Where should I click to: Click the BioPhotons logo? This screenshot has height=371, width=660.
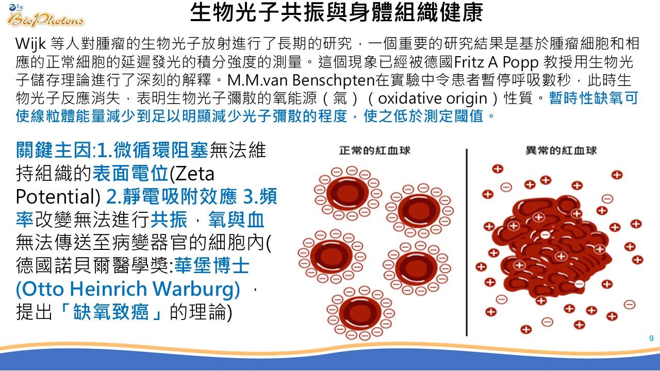[x=45, y=16]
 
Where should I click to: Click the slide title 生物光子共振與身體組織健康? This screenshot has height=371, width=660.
[x=336, y=12]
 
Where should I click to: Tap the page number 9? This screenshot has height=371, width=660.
[x=651, y=338]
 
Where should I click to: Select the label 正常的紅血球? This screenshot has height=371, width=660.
[x=374, y=150]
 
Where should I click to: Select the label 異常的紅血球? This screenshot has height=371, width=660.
[x=562, y=150]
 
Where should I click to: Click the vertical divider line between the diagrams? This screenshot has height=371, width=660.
[x=467, y=242]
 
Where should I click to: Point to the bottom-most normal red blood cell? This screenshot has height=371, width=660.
[x=360, y=313]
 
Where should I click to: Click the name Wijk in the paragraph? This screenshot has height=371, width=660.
[x=30, y=44]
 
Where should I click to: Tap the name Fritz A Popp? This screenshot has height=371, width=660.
[x=496, y=62]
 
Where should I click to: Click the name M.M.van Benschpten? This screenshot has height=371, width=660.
[x=301, y=80]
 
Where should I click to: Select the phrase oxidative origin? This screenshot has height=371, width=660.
[x=433, y=98]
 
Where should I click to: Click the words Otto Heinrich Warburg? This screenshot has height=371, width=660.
[x=128, y=289]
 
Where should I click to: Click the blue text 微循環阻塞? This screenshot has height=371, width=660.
[x=161, y=150]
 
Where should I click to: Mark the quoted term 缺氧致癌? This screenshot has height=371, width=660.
[x=110, y=312]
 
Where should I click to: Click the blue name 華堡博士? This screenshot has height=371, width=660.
[x=212, y=265]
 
